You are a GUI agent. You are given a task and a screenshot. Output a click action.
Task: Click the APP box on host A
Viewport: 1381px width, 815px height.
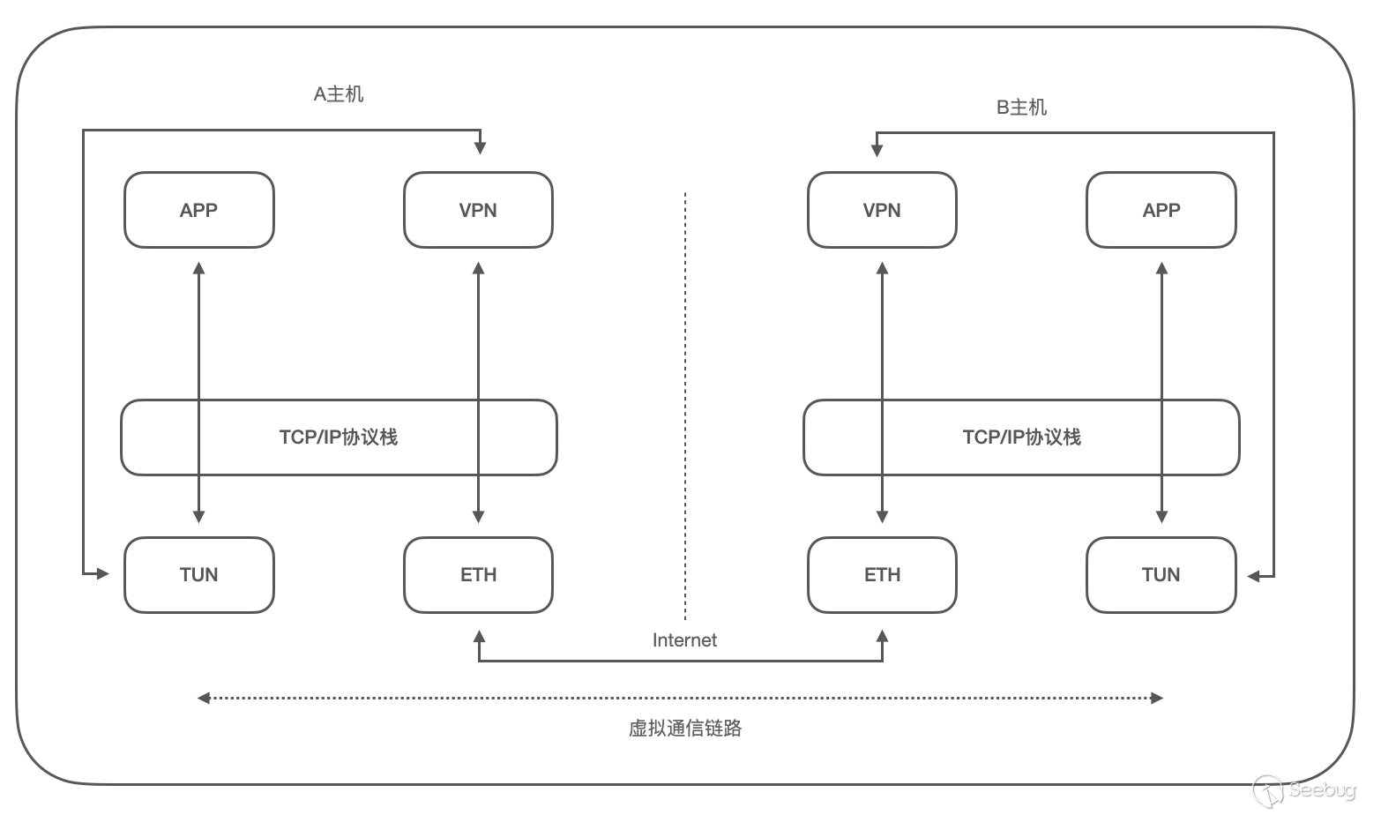tap(199, 210)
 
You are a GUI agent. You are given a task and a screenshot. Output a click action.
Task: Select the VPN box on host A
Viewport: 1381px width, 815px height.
tap(479, 210)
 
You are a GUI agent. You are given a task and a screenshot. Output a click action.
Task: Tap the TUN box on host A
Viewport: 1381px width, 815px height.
tap(199, 574)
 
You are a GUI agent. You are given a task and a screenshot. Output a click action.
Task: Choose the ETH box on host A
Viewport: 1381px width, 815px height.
tap(479, 574)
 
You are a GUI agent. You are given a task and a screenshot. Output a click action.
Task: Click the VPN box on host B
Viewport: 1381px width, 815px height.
tap(882, 210)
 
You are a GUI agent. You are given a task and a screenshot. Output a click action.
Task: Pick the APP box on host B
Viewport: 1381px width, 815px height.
tap(1161, 210)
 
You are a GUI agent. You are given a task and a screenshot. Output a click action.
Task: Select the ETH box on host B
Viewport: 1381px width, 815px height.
tap(882, 574)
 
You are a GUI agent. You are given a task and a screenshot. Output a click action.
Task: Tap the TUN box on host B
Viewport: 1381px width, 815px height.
tap(1161, 574)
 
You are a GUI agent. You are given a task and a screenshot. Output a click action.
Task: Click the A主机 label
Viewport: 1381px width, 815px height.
tap(339, 94)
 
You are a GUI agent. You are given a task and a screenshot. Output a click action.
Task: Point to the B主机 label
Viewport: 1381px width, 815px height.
tap(1021, 108)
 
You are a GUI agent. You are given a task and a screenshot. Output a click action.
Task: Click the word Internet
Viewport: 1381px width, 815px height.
tap(684, 640)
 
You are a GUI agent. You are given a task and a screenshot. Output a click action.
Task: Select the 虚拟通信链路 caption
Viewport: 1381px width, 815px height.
tap(685, 728)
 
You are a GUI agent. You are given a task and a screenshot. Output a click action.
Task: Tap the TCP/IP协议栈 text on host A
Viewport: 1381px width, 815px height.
tap(339, 437)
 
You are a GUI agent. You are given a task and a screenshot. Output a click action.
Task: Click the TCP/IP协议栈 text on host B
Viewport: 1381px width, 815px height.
tap(1021, 437)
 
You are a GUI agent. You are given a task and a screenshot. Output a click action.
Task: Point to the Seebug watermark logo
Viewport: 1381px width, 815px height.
tap(1304, 790)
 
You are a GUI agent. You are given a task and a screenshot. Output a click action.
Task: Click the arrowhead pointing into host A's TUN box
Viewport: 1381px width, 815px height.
tap(103, 574)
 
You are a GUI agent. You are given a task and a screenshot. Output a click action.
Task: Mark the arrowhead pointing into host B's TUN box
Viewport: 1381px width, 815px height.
tap(1253, 577)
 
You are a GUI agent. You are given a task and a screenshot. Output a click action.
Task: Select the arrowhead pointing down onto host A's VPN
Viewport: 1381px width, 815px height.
tap(481, 148)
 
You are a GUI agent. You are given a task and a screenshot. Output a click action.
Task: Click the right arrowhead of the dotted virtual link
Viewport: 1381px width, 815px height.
tap(1157, 698)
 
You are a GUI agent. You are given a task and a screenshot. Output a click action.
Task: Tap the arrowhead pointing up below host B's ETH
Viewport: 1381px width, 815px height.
tap(882, 636)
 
